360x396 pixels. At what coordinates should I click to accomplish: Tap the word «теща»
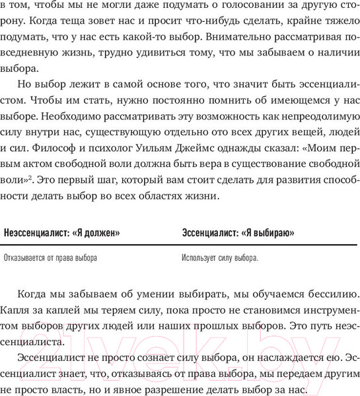(x=105, y=24)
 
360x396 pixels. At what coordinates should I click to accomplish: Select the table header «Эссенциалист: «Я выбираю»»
(x=238, y=233)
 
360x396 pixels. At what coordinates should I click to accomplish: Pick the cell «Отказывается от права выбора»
(x=50, y=258)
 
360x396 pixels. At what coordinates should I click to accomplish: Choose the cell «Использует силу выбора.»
(x=220, y=258)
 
